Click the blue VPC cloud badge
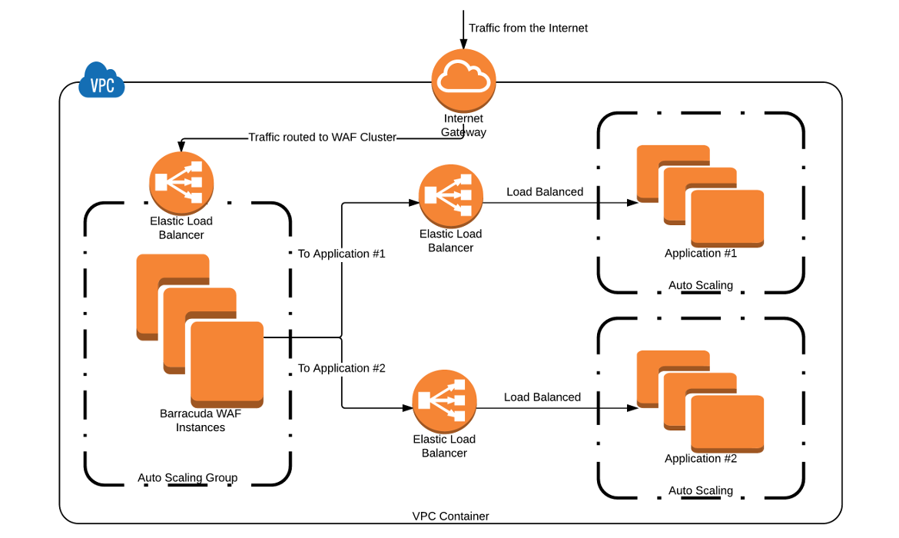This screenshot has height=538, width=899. [x=102, y=81]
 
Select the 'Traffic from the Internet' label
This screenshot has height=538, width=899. [x=528, y=28]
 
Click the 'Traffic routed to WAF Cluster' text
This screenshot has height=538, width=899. [x=322, y=138]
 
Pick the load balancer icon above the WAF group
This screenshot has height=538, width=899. [x=181, y=182]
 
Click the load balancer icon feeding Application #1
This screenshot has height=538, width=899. [x=451, y=196]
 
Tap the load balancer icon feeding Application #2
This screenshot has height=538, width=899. [x=444, y=401]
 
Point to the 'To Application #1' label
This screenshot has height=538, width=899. [x=341, y=254]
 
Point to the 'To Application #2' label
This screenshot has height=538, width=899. [x=341, y=368]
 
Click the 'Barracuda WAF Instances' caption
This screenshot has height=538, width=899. [x=201, y=420]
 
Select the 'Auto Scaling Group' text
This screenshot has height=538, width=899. [x=187, y=478]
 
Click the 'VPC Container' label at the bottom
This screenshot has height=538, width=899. [x=450, y=516]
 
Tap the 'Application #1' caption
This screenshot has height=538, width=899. [x=701, y=254]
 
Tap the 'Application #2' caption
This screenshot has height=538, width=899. [x=701, y=459]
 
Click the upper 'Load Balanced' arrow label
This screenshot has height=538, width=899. [x=545, y=192]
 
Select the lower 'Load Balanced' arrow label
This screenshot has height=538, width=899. [x=542, y=397]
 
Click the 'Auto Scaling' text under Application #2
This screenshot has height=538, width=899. [x=701, y=490]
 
